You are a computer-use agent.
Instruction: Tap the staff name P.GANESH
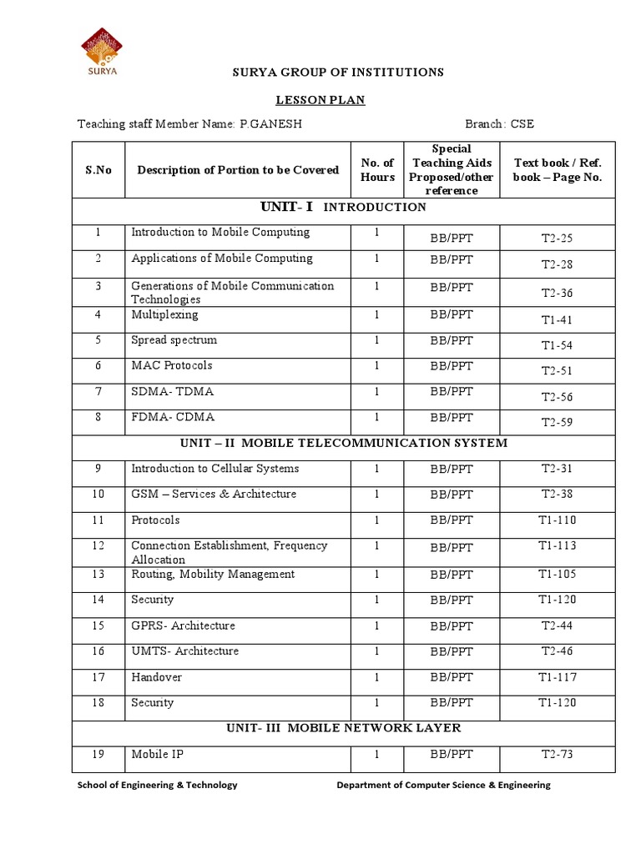(270, 124)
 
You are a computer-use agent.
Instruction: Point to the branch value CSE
(518, 124)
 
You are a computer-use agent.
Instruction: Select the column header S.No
(98, 169)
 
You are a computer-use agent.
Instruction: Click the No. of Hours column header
(377, 169)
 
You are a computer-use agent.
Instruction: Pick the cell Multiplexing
(164, 315)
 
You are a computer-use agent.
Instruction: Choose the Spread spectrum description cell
(174, 340)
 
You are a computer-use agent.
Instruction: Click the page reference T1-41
(557, 319)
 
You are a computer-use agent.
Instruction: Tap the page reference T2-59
(557, 422)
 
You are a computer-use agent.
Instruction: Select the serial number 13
(98, 575)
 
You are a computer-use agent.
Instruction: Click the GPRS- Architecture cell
(183, 625)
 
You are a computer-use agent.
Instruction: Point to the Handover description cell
(156, 677)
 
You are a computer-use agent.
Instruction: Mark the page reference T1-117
(557, 677)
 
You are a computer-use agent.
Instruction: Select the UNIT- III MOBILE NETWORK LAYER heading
(343, 728)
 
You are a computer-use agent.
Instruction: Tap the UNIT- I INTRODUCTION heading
(343, 207)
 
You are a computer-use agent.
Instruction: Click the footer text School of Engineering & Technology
(157, 785)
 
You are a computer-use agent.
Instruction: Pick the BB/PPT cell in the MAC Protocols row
(452, 365)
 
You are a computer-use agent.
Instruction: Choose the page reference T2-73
(557, 755)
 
